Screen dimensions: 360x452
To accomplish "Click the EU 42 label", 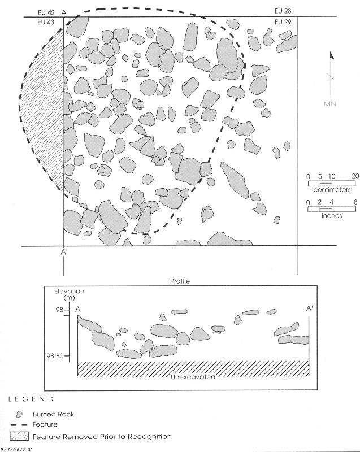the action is point(46,12).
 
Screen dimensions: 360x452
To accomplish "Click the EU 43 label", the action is point(46,22).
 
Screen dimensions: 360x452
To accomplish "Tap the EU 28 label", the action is point(283,11).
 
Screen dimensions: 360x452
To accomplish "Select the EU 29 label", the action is point(283,22).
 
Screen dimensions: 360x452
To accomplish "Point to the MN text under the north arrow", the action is point(330,104).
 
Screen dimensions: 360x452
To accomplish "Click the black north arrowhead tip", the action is point(331,52).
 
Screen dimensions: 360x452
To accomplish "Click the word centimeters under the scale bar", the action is point(332,190).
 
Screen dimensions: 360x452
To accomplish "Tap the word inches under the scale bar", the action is point(332,216).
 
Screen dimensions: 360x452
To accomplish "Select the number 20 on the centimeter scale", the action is point(355,176).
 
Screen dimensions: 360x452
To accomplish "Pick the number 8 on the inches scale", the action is point(355,202).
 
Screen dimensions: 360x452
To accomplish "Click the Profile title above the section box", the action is point(180,281).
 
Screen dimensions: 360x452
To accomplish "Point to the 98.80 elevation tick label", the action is point(55,356).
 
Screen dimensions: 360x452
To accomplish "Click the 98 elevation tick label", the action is point(60,310).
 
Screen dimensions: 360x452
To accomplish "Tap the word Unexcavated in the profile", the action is point(193,377).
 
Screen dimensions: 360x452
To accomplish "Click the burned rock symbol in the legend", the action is point(19,414).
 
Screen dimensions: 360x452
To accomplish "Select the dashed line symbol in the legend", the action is point(19,425).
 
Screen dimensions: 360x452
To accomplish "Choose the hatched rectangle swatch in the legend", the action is point(19,436).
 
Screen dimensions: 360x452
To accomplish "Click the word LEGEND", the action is point(31,399).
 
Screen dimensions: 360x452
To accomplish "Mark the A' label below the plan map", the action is point(64,252).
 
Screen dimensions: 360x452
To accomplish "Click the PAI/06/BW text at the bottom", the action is point(16,450).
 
